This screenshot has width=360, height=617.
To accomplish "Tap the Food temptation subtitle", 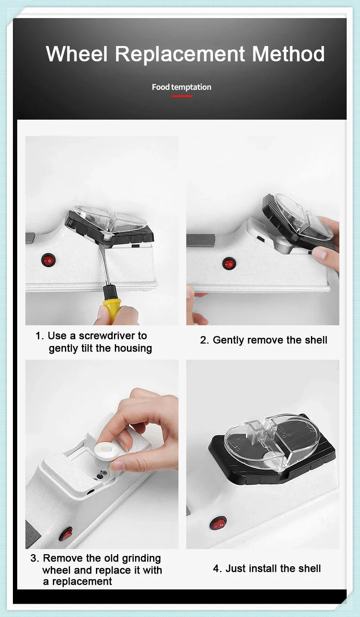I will coord(182,87).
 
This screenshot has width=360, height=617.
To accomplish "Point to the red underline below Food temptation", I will coord(182,96).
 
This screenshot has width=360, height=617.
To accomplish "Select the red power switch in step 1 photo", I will coord(48,260).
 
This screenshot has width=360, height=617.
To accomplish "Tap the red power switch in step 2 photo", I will coord(229,263).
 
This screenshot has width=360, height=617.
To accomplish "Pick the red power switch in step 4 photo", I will coord(219,523).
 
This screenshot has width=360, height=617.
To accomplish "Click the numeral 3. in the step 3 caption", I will coord(35,558).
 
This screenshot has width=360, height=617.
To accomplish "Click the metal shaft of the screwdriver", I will coord(103,267).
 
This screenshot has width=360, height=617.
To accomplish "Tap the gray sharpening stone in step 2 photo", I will coord(200,240).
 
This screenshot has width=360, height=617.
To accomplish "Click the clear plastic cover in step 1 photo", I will coord(110,219).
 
